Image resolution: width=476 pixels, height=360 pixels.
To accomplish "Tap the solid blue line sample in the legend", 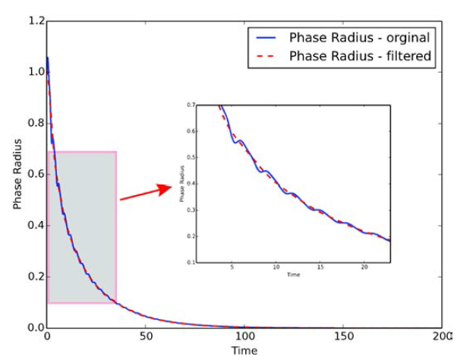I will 266,38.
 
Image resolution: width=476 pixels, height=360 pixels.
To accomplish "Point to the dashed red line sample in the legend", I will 266,56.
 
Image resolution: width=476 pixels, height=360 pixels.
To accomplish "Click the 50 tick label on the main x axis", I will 146,336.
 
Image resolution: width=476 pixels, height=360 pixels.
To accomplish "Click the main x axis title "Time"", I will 244,350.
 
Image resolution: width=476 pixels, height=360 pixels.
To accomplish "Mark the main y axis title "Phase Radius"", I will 17,175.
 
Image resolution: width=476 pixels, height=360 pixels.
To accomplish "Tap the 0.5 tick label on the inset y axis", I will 190,157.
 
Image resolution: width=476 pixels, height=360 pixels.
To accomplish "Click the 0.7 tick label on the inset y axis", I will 190,105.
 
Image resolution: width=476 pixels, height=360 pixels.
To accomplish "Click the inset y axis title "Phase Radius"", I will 182,185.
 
